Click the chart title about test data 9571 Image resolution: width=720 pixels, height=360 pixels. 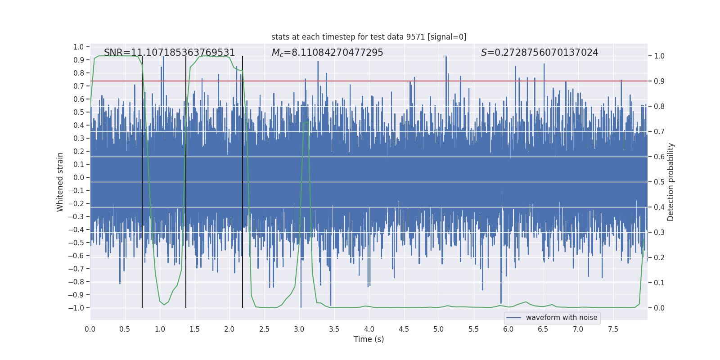(x=369, y=37)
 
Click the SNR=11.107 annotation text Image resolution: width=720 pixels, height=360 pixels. (x=169, y=53)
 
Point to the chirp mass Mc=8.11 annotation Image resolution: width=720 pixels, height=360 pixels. (x=327, y=53)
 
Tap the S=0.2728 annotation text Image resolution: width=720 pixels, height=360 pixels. (x=539, y=53)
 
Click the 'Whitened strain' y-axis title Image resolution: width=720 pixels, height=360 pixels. (x=60, y=182)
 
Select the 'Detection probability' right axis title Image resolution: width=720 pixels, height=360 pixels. (x=671, y=182)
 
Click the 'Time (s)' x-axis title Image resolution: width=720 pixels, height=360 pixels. (x=369, y=339)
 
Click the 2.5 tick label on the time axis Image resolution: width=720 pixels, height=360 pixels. (x=264, y=329)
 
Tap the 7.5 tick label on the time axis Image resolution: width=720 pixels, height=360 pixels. (x=613, y=329)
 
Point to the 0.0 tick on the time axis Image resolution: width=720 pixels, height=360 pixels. (x=90, y=329)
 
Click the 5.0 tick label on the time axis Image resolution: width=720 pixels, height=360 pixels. (x=439, y=329)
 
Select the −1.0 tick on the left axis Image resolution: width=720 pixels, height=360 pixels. (x=76, y=308)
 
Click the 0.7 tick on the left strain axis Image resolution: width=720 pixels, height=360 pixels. (x=79, y=86)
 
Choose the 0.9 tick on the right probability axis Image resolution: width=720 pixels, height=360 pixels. (x=659, y=81)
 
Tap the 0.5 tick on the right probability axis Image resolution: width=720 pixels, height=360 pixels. (x=659, y=182)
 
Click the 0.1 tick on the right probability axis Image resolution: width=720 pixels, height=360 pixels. (x=659, y=283)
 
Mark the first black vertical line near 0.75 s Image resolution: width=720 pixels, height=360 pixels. (x=142, y=180)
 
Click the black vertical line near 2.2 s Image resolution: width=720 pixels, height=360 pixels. (x=243, y=180)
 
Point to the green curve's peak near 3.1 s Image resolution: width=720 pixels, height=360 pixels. (x=306, y=122)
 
